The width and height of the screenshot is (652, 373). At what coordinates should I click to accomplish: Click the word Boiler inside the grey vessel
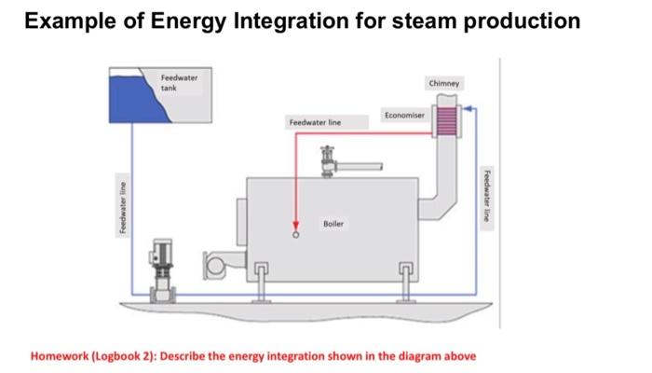click(333, 224)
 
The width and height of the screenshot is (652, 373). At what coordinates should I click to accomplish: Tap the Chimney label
click(441, 84)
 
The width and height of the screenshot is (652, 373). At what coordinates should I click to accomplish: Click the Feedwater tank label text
click(173, 81)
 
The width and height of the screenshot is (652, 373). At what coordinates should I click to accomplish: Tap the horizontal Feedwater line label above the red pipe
click(315, 123)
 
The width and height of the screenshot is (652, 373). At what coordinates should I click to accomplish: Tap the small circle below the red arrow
click(297, 236)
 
